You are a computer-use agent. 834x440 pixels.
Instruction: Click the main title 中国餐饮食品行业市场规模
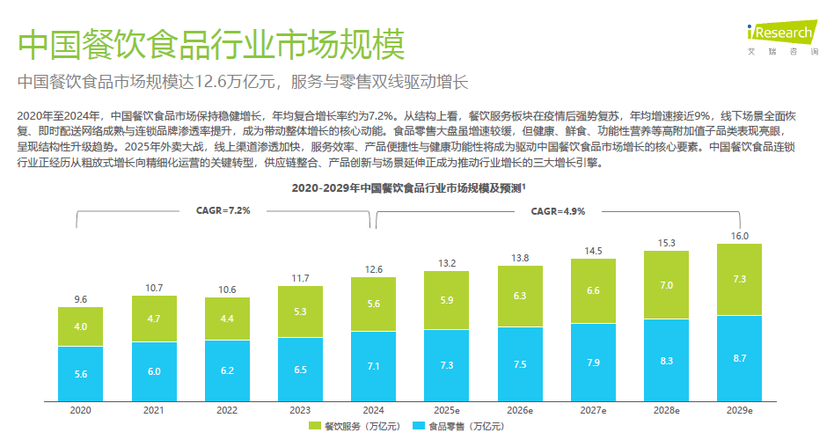(211, 44)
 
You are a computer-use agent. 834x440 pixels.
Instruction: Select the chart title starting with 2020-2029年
(408, 188)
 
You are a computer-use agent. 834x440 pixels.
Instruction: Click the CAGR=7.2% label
(223, 211)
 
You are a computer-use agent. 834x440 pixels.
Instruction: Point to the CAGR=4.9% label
(558, 211)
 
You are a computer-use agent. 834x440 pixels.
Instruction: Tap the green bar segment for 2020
(80, 326)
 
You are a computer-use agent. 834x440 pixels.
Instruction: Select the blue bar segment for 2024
(373, 365)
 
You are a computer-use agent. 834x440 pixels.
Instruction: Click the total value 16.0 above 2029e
(740, 236)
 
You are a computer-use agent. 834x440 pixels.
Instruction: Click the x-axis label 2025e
(446, 410)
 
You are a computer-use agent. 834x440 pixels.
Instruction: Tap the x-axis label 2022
(226, 410)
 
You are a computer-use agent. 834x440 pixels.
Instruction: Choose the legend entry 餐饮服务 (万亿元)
(355, 427)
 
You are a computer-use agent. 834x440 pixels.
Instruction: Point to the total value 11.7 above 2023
(300, 279)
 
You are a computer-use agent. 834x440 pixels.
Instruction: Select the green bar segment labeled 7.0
(667, 285)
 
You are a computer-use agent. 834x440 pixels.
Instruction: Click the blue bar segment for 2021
(153, 371)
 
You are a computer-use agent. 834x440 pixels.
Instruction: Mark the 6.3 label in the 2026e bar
(520, 296)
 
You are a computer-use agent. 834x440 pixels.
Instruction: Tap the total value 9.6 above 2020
(80, 299)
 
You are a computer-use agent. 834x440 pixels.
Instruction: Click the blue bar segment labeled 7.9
(593, 362)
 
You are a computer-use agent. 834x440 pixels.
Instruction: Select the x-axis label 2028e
(667, 410)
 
